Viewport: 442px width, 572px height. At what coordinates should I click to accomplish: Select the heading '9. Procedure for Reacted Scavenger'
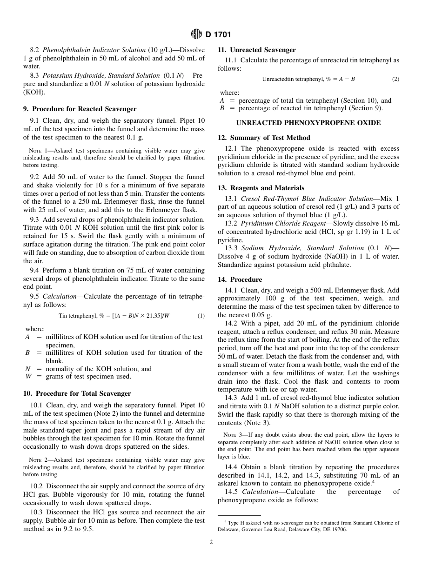click(x=80, y=109)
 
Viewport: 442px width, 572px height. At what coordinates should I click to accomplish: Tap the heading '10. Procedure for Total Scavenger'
click(x=77, y=394)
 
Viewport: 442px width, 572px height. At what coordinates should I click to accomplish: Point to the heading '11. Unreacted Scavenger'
click(x=256, y=50)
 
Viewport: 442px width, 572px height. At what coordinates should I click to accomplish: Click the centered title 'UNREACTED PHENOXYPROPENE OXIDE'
click(x=308, y=123)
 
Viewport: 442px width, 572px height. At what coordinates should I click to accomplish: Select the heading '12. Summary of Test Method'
click(x=264, y=138)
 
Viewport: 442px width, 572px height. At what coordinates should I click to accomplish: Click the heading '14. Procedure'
click(x=240, y=280)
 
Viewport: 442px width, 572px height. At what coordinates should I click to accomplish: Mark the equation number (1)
click(x=201, y=316)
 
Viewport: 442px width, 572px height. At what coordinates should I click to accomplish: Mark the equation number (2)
click(x=395, y=79)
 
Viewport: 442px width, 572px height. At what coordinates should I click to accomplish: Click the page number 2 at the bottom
click(x=211, y=542)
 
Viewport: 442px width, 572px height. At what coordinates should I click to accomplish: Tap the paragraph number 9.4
click(x=35, y=270)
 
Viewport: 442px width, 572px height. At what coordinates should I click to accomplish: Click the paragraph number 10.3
click(x=36, y=512)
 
